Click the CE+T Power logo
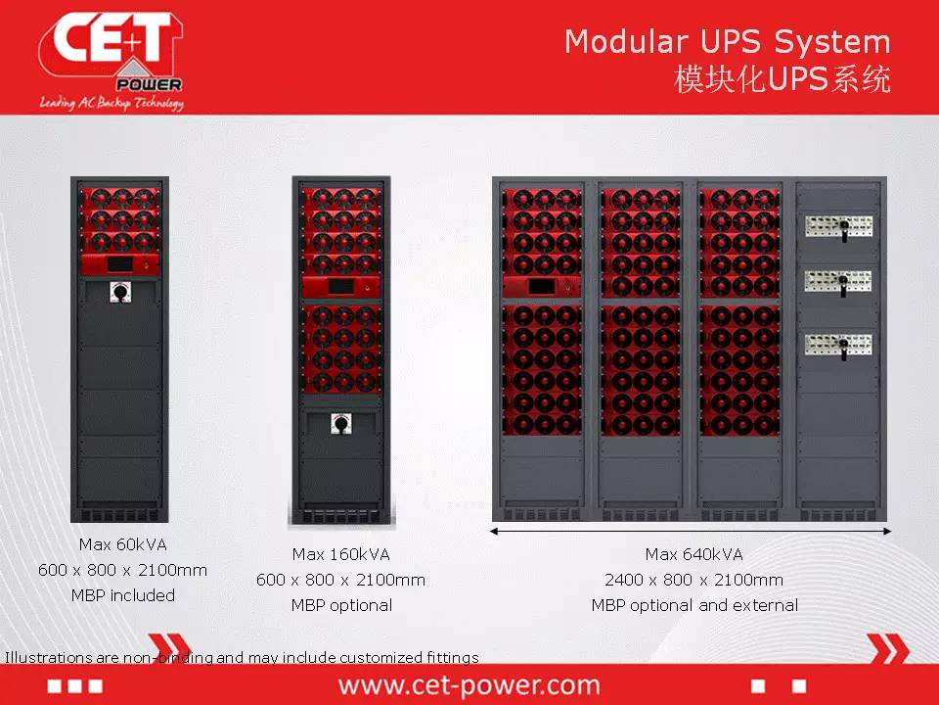(112, 61)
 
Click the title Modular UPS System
(728, 42)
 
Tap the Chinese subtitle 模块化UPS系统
(782, 79)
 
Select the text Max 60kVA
(123, 544)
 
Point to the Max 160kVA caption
(340, 554)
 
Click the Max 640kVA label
(694, 554)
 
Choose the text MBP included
(123, 595)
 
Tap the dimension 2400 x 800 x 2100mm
(694, 580)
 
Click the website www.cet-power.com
(469, 685)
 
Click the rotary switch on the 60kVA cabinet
(120, 292)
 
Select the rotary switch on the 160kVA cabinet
(341, 424)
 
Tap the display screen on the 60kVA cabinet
(120, 263)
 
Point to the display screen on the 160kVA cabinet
(340, 287)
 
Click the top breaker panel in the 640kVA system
(839, 227)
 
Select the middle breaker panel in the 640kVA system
(838, 282)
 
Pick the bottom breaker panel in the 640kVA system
(838, 346)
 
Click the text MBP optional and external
(694, 605)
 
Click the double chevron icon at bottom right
(888, 648)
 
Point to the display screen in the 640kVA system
(541, 287)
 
